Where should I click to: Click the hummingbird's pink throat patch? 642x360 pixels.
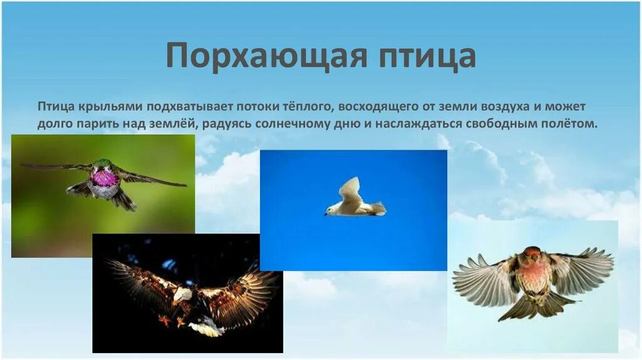point(104,177)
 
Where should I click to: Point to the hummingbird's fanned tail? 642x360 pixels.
point(122,200)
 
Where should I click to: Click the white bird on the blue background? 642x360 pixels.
point(354,202)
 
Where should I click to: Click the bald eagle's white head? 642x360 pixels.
point(182,294)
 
